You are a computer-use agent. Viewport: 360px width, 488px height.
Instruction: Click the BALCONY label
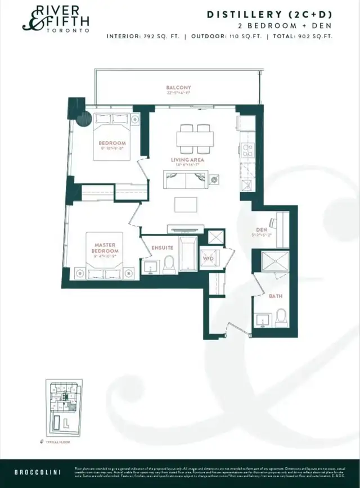click(x=178, y=88)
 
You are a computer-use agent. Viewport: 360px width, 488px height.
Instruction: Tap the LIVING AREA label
click(x=187, y=160)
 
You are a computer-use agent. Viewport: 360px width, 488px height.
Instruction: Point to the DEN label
click(x=262, y=230)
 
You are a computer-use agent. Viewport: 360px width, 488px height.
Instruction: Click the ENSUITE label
click(x=163, y=247)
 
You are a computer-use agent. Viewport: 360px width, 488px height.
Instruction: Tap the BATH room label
click(x=276, y=296)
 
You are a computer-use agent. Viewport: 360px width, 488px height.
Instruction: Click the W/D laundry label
click(x=208, y=259)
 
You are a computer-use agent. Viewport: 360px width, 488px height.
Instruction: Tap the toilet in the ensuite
click(x=169, y=265)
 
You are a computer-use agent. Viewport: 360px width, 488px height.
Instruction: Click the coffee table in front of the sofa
click(x=186, y=204)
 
